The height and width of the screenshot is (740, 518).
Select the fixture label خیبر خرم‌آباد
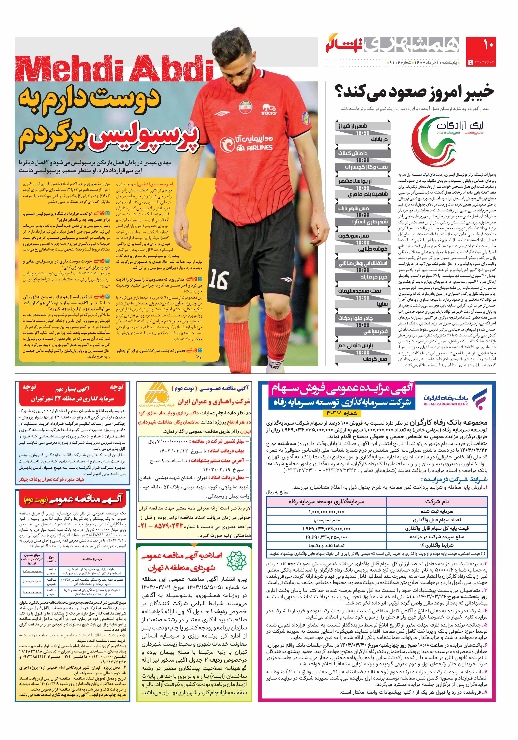click(374, 277)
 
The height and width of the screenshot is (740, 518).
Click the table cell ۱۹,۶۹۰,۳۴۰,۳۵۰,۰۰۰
click(326, 537)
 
